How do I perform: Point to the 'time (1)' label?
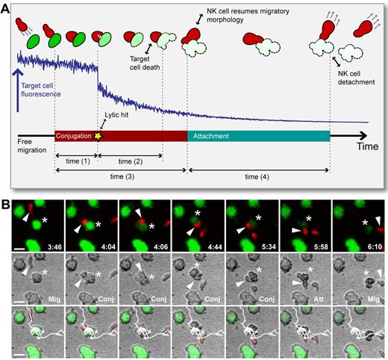point(75,161)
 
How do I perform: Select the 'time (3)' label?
point(119,179)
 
